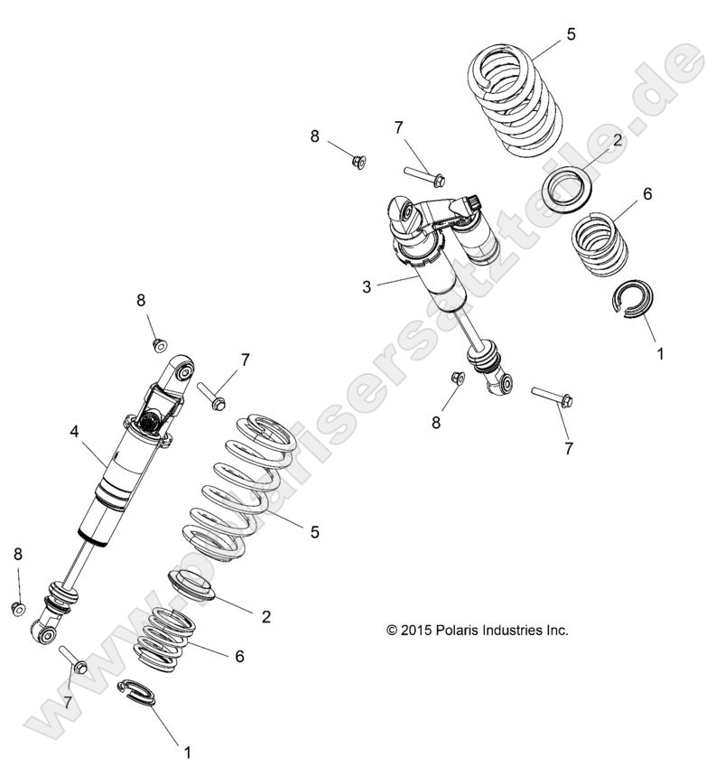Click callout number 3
367,287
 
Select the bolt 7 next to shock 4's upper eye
209,397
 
